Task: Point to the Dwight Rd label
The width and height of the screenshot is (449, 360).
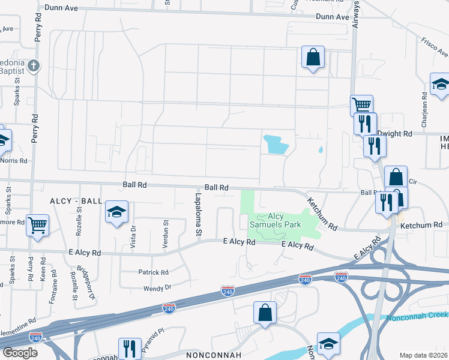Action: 399,134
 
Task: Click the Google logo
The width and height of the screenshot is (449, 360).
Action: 20,352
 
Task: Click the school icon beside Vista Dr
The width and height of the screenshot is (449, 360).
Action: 117,212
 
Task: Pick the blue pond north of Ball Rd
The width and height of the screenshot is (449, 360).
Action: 276,143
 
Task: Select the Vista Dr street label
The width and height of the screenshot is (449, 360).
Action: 134,229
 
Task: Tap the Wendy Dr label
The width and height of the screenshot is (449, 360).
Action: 158,289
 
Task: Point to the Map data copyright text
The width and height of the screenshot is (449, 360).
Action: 424,355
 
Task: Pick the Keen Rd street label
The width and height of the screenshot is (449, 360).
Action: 43,269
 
